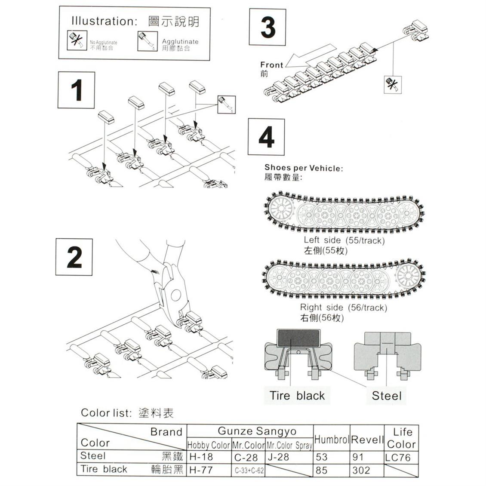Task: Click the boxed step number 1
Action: pos(76,90)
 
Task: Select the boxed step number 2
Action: pos(74,257)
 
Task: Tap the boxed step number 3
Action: pos(268,27)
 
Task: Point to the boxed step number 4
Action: pos(266,137)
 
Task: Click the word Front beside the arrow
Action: pos(271,65)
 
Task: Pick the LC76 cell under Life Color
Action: pos(398,457)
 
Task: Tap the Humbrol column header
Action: pos(331,439)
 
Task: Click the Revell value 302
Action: pos(361,470)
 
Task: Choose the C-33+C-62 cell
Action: pos(249,471)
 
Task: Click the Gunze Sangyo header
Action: pos(257,431)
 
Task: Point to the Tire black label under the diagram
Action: pos(297,395)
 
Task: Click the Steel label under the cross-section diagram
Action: pos(386,396)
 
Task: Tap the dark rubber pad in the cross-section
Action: pos(299,338)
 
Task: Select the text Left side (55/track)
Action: pos(344,240)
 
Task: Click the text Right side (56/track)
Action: pos(343,308)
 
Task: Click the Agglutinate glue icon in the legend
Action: pos(145,41)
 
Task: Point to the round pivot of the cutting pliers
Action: pos(175,295)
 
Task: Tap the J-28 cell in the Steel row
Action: pos(278,457)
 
